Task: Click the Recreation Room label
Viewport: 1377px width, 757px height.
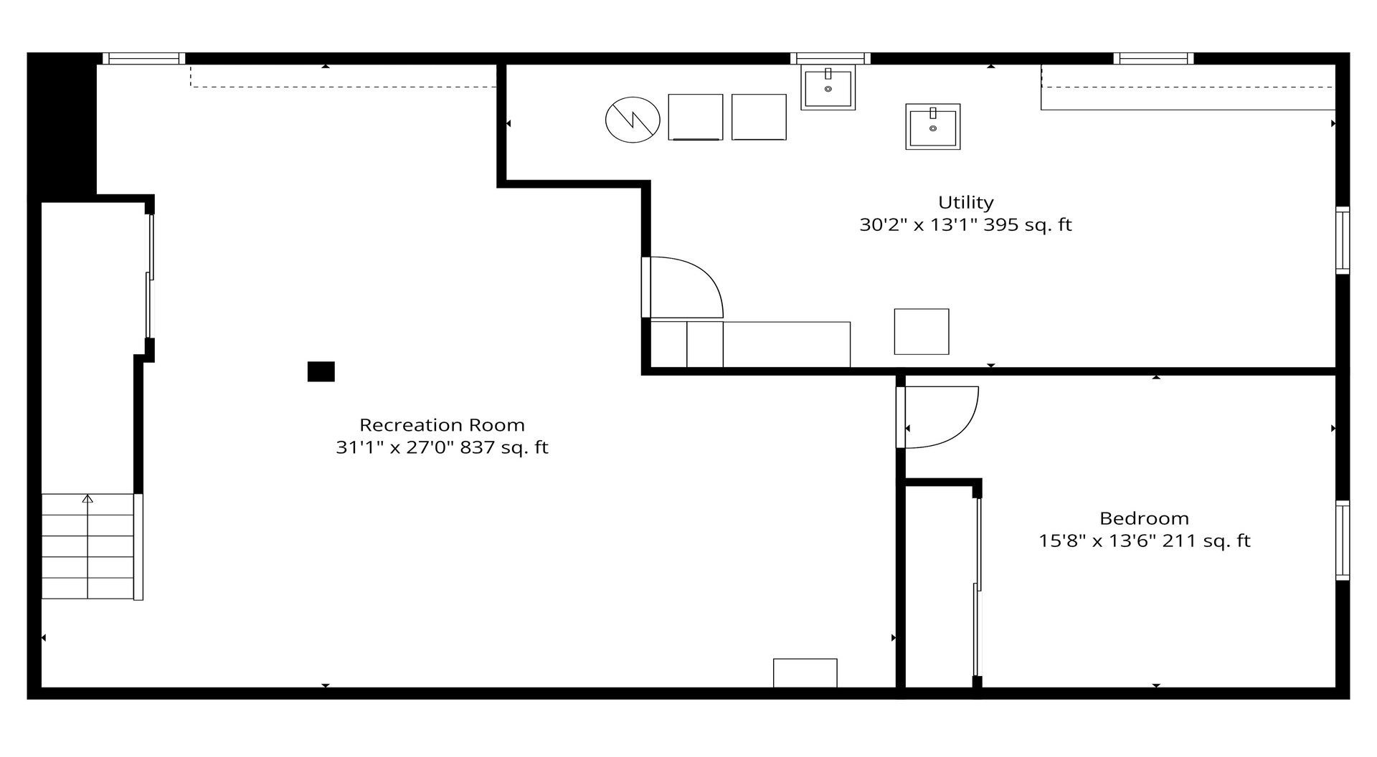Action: (x=442, y=425)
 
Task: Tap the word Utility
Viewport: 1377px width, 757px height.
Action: (x=965, y=203)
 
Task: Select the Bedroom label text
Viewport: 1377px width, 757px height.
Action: (x=1144, y=518)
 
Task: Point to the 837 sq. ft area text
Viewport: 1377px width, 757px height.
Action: (x=503, y=448)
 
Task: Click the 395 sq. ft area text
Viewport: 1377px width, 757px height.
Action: (x=1027, y=225)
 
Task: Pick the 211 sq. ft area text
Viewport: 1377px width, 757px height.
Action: (x=1206, y=541)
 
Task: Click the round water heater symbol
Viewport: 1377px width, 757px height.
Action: (x=633, y=120)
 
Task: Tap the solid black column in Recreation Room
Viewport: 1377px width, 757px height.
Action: (x=321, y=371)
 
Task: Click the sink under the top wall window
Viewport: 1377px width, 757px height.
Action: (x=828, y=87)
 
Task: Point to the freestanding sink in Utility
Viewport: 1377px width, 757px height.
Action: (x=932, y=127)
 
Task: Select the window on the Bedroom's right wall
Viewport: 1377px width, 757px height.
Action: (x=1342, y=541)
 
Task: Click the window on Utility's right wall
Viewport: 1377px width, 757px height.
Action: (x=1342, y=240)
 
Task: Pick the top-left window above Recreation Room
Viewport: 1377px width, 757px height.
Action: (x=143, y=59)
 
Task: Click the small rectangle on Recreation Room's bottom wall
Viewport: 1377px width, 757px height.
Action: (x=805, y=673)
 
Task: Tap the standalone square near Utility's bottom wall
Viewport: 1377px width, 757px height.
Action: (x=922, y=331)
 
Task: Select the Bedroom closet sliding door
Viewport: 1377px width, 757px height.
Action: (x=977, y=587)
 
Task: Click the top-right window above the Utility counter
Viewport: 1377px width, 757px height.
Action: (x=1153, y=59)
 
